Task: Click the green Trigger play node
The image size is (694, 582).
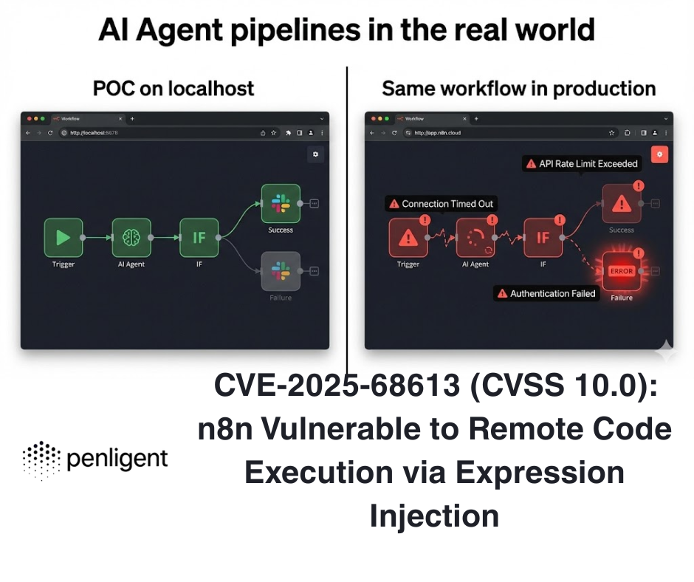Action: click(63, 237)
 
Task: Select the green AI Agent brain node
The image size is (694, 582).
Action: click(131, 237)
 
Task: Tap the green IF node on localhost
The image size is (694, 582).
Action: click(199, 237)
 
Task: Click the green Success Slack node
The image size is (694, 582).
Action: click(281, 203)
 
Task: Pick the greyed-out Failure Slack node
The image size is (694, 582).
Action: click(281, 271)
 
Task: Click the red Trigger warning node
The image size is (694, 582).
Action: click(408, 238)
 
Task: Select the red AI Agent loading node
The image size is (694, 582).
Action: click(475, 238)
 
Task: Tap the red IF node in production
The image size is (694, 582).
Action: click(543, 238)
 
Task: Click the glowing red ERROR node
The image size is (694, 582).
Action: click(622, 271)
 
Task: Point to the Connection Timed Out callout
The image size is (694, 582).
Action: click(440, 204)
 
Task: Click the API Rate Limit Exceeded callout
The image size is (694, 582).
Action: click(581, 163)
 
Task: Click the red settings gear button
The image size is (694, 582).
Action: click(660, 154)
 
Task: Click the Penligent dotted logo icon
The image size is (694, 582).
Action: click(41, 460)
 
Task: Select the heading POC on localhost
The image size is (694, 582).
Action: click(173, 89)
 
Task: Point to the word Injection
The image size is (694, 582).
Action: click(434, 515)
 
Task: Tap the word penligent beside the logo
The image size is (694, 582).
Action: click(117, 460)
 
